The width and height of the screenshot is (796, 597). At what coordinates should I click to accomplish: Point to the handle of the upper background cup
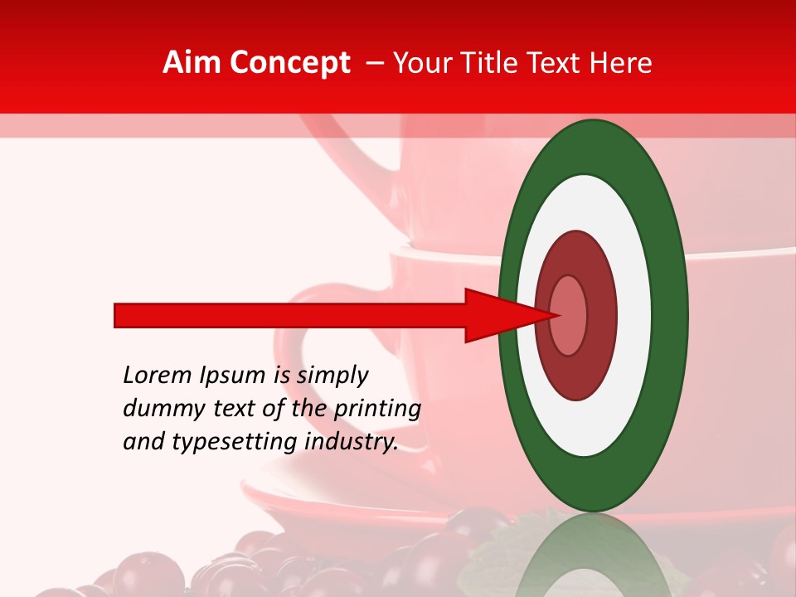coord(348,149)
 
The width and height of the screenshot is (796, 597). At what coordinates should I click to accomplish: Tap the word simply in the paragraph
coord(332,376)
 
